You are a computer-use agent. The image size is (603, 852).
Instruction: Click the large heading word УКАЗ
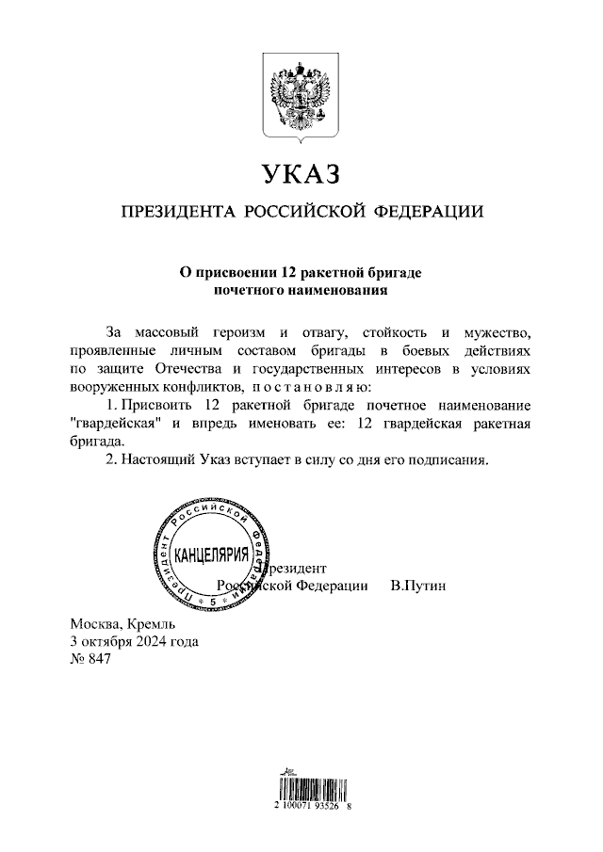[301, 175]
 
